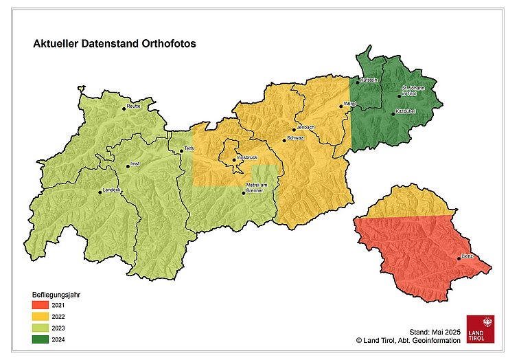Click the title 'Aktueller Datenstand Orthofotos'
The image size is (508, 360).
pyautogui.click(x=115, y=43)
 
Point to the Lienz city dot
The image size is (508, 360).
pyautogui.click(x=459, y=258)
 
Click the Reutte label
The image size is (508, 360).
pyautogui.click(x=133, y=106)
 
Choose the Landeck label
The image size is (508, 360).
pyautogui.click(x=111, y=189)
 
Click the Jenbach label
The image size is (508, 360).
pyautogui.click(x=305, y=128)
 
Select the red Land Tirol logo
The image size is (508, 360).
pyautogui.click(x=480, y=328)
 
